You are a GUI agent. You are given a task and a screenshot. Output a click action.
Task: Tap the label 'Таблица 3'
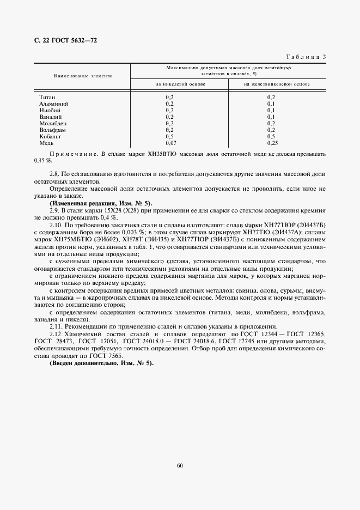306,57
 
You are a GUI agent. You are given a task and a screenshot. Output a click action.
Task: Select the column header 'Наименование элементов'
83,76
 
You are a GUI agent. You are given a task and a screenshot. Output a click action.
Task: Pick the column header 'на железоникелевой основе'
277,84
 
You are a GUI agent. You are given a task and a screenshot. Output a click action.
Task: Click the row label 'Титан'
47,96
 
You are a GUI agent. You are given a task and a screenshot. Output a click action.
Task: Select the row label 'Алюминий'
53,103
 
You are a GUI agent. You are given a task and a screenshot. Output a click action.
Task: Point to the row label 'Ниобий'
50,110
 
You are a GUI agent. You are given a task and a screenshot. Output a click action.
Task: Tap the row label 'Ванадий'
51,117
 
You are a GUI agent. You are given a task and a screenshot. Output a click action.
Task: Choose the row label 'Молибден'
53,123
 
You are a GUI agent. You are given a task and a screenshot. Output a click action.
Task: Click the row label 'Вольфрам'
52,130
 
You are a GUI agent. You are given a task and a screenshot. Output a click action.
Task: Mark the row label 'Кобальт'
51,136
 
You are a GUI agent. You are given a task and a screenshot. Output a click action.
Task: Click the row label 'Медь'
47,143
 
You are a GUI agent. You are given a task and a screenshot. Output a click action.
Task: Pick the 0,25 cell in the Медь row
272,143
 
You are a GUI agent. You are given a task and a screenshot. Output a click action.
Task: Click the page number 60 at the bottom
180,465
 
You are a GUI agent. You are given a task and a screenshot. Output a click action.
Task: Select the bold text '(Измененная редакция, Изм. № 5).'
101,203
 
